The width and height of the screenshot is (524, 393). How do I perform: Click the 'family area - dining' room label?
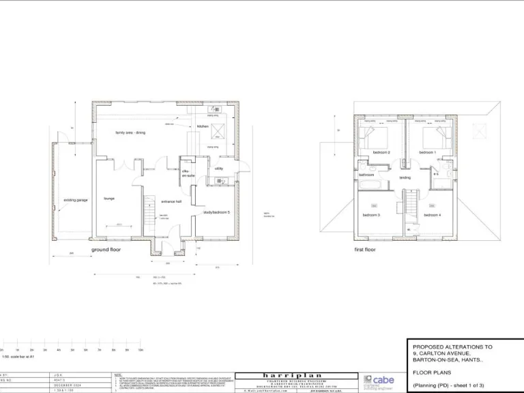[x=130, y=132]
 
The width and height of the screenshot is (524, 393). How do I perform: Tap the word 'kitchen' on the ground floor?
[x=203, y=126]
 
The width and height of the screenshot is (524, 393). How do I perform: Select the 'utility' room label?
[x=219, y=168]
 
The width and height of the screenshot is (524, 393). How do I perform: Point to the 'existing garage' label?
[x=76, y=200]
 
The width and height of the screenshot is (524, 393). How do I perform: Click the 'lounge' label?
[x=108, y=199]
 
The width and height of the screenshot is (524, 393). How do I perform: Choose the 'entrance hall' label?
[x=171, y=201]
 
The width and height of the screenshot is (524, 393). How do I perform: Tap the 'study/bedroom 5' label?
[x=216, y=212]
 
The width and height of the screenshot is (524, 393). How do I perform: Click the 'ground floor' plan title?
[x=106, y=250]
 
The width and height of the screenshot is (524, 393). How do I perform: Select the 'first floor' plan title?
[x=364, y=250]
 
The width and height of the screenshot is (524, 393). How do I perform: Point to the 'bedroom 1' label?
[x=427, y=152]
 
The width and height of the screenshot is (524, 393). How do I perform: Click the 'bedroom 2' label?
[x=381, y=152]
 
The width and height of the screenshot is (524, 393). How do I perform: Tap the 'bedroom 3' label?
[x=371, y=215]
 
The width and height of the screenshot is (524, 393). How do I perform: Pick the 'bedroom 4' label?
[x=432, y=215]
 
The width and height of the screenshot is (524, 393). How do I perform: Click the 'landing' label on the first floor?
[x=405, y=177]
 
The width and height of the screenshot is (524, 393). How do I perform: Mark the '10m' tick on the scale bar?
[x=140, y=349]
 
